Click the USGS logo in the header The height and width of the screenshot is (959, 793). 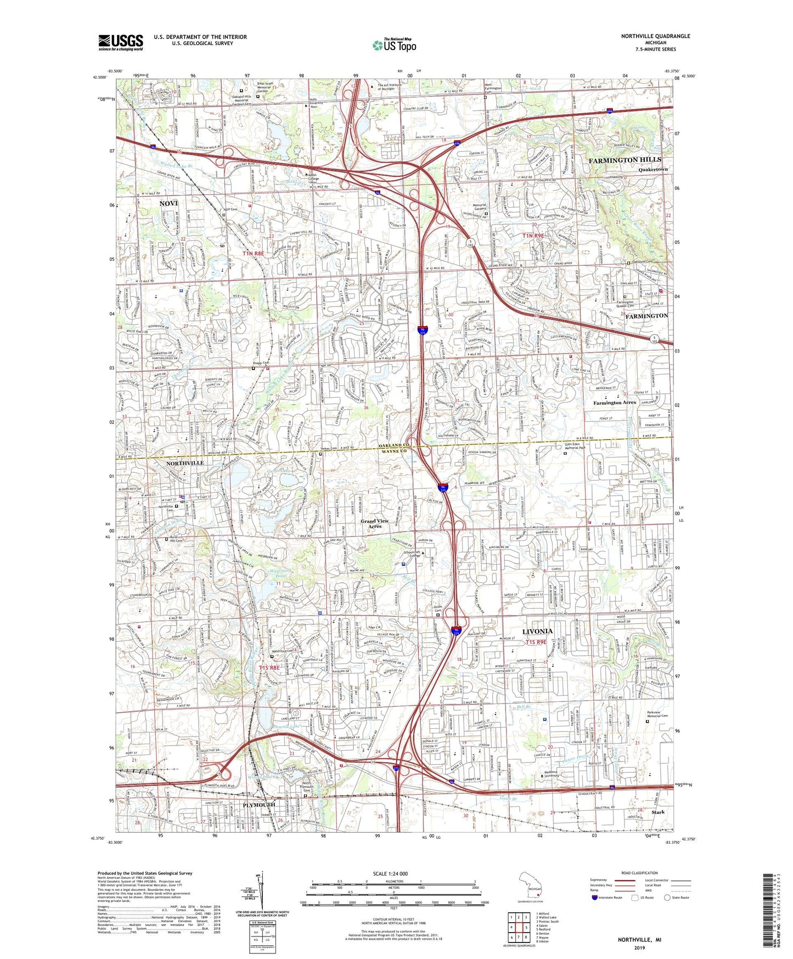121,42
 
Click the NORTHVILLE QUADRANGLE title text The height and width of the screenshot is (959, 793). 655,36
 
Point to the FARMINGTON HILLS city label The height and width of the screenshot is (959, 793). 625,160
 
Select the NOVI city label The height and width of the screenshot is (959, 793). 169,203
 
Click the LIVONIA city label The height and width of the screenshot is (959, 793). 537,631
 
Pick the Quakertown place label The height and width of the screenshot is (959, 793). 653,170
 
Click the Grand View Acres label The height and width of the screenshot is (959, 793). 374,523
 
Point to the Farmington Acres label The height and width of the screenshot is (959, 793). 614,403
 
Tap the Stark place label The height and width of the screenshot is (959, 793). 657,812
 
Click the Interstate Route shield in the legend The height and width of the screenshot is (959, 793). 595,897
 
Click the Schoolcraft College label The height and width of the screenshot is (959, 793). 412,555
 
